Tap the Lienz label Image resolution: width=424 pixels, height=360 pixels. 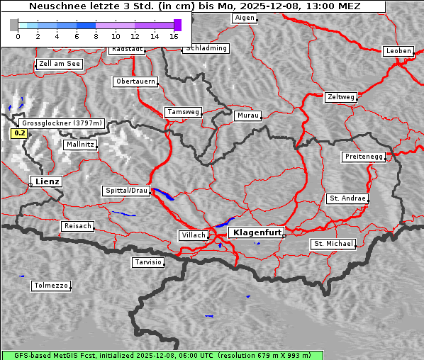(46, 181)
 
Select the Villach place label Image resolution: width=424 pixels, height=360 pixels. (193, 235)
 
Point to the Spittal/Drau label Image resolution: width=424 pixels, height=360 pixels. (127, 191)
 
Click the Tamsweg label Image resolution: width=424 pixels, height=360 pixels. (184, 112)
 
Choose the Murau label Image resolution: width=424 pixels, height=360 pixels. (248, 115)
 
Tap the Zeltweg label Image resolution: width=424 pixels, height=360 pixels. (340, 96)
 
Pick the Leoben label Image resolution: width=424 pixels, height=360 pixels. (398, 51)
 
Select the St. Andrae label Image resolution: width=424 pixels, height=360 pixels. (347, 198)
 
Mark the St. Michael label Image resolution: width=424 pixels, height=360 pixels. (333, 244)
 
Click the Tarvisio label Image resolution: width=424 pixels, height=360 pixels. (148, 262)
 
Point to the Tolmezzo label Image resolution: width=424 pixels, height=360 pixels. (50, 286)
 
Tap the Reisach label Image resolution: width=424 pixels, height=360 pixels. (77, 226)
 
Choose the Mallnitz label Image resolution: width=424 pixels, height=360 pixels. (79, 145)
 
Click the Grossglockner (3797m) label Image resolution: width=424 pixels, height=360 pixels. (62, 123)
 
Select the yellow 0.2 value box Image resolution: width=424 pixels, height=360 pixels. (19, 133)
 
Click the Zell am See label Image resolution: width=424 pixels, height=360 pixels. (60, 64)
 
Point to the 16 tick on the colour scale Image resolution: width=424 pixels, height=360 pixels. (174, 35)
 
